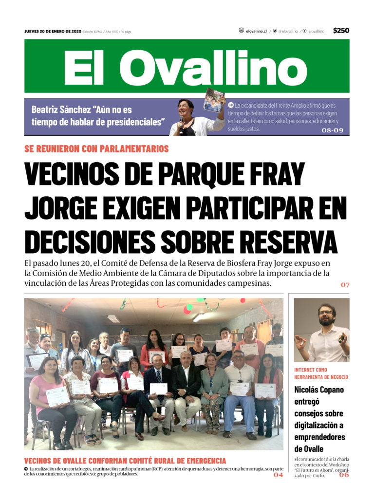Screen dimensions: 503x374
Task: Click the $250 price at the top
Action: tap(341, 31)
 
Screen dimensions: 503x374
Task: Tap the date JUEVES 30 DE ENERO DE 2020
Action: tap(53, 32)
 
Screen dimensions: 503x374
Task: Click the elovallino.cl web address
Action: tap(256, 31)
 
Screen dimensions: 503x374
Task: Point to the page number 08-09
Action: tap(333, 130)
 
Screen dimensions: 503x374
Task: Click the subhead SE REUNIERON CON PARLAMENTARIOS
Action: tap(96, 149)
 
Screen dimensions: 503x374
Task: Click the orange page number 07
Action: tap(345, 284)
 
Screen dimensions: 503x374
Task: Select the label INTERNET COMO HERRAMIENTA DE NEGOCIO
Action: tap(321, 373)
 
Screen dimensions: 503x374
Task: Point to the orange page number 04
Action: tap(278, 475)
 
